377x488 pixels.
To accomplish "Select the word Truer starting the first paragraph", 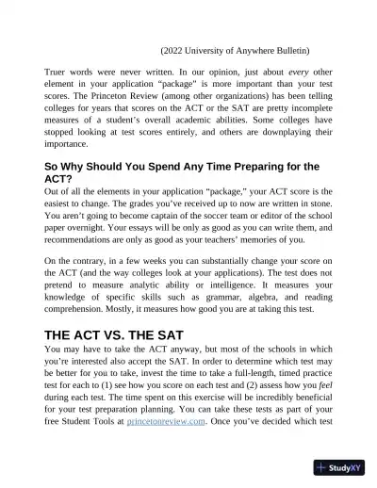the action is (57, 71).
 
